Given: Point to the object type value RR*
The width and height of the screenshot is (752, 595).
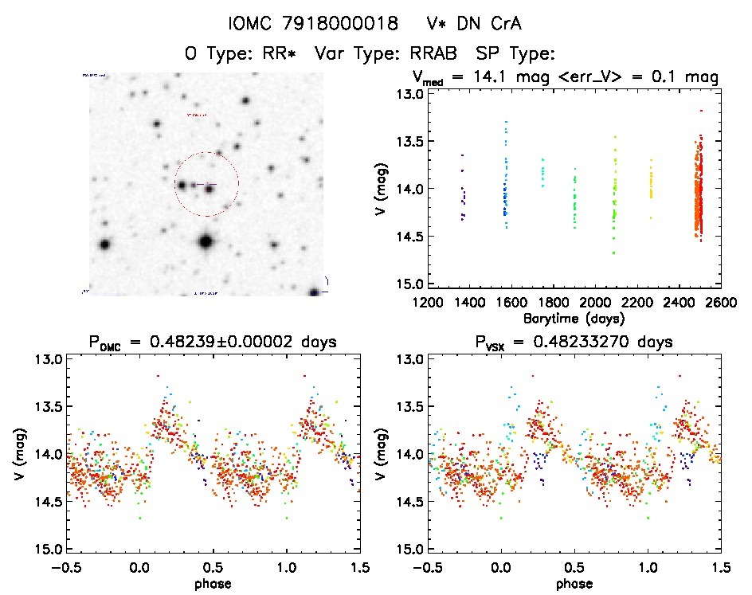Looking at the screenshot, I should pyautogui.click(x=271, y=53).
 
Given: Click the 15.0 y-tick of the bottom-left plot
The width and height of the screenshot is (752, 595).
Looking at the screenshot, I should pyautogui.click(x=48, y=550).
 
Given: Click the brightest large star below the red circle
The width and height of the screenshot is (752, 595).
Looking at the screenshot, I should pyautogui.click(x=206, y=241).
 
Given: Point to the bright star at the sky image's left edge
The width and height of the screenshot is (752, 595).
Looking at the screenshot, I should pyautogui.click(x=104, y=245).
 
